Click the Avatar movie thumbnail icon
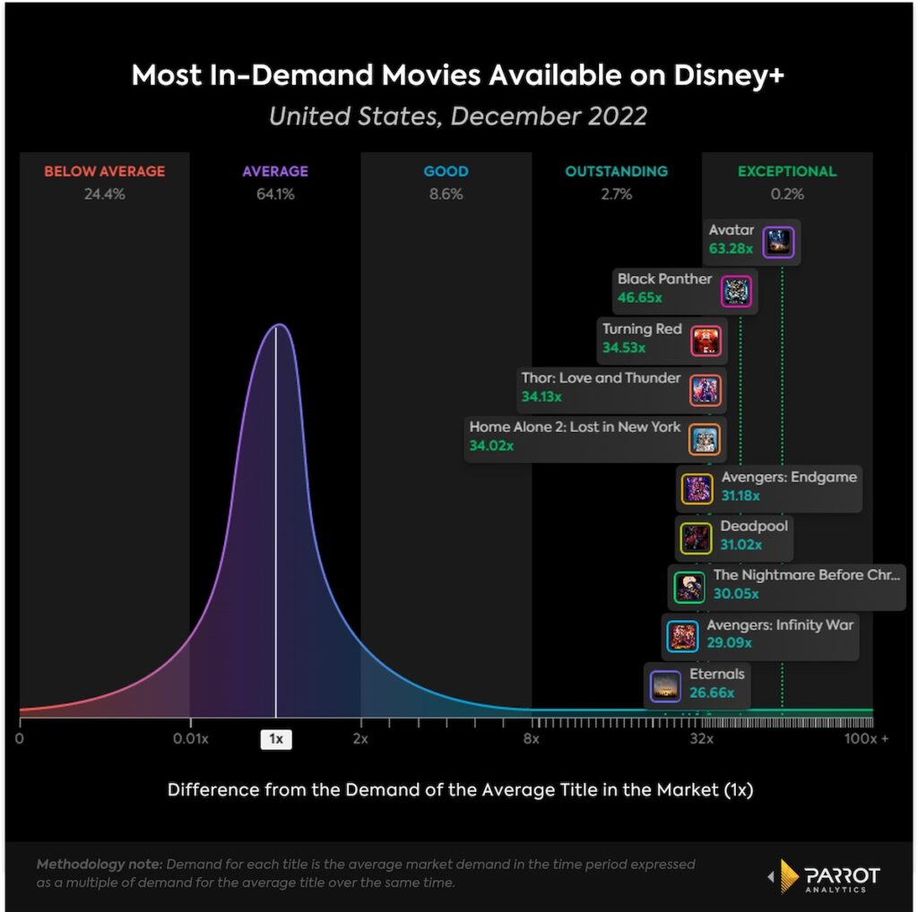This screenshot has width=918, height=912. coord(777,243)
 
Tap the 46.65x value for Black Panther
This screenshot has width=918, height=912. coord(637,296)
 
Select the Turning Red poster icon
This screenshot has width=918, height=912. coord(705,341)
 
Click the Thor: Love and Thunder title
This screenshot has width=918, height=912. coord(601,378)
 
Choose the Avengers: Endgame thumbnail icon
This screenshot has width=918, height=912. coord(697,488)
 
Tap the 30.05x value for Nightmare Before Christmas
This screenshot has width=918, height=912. coord(736,593)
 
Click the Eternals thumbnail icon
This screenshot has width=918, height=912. coord(665,686)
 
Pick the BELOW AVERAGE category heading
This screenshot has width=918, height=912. coord(105,171)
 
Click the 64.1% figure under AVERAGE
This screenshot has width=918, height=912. coord(275,194)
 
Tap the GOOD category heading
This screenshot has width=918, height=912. coord(446,171)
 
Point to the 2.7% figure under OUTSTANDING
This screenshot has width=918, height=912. coord(616,194)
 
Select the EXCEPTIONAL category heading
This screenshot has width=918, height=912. coord(786,171)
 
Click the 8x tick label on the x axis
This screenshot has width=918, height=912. coord(532,739)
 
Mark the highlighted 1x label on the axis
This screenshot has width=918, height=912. coord(275,739)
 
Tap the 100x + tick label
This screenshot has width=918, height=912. coord(867,739)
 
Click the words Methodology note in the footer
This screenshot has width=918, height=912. coord(99,865)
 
